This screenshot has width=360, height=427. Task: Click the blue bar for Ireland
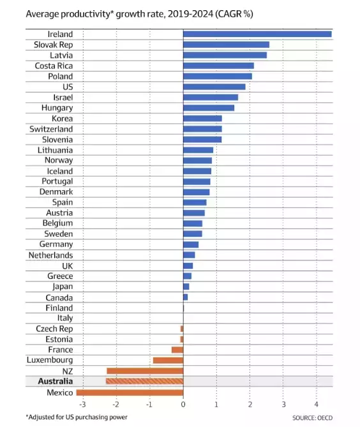click(257, 34)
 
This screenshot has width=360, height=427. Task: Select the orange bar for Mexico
click(130, 392)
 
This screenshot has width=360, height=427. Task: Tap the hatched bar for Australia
click(144, 381)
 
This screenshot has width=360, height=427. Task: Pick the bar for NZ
click(145, 371)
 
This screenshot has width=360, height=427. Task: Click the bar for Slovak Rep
click(226, 45)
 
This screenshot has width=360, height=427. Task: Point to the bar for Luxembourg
click(168, 361)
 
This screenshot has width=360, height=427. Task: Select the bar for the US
click(214, 87)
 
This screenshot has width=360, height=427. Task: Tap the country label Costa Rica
click(54, 66)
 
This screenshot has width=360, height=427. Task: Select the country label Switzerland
click(51, 129)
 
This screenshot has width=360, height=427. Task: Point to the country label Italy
click(65, 318)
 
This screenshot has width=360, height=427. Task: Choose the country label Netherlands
click(50, 255)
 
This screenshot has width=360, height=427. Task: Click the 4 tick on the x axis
click(317, 404)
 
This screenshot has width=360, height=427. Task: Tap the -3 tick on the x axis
click(82, 404)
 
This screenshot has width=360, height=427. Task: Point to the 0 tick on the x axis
click(183, 404)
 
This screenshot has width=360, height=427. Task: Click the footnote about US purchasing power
click(77, 417)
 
